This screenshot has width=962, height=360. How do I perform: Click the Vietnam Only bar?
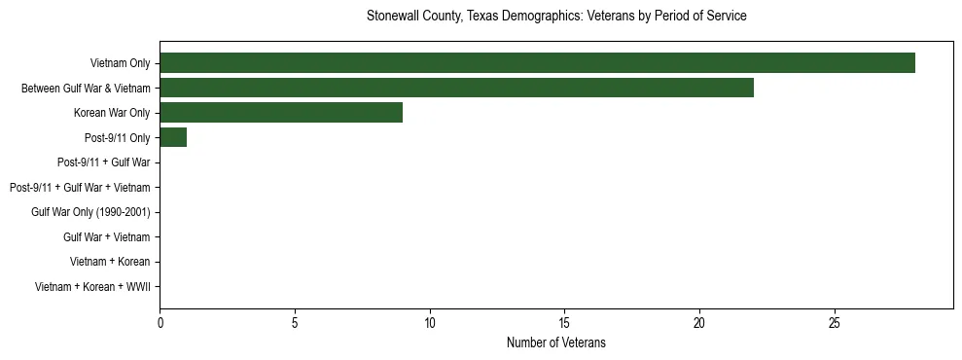point(537,62)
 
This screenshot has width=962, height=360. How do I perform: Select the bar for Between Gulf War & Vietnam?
point(456,88)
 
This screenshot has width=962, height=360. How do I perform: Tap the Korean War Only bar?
point(281,112)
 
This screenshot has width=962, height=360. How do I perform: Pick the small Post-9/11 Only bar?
point(173,137)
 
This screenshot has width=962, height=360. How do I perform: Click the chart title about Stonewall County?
point(556,17)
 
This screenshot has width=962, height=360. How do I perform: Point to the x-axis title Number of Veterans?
point(556,342)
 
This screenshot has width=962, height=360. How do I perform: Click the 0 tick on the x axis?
point(160,322)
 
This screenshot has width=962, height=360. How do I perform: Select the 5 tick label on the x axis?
point(295,322)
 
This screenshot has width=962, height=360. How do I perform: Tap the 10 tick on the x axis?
point(429,322)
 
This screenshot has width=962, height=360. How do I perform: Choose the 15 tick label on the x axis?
point(564,322)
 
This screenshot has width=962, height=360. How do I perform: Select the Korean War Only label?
point(112,113)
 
